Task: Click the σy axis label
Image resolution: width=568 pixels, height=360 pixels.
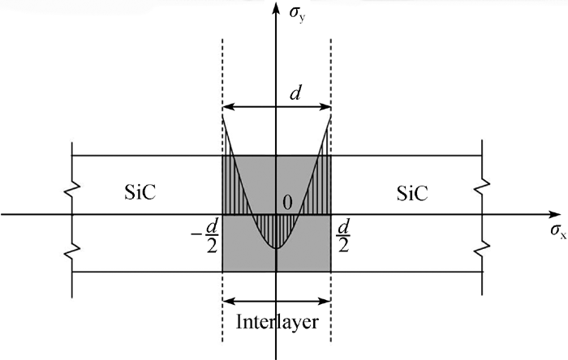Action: (x=297, y=15)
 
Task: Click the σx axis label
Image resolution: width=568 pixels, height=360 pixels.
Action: (x=558, y=231)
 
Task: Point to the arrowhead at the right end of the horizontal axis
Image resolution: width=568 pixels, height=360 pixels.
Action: (x=554, y=215)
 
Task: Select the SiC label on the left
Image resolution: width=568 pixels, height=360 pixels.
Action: (x=140, y=192)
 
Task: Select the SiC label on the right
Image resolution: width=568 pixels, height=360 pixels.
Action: (x=412, y=193)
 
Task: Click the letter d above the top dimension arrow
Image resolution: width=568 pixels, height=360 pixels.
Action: (x=295, y=93)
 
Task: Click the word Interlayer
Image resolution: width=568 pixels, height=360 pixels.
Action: (x=278, y=322)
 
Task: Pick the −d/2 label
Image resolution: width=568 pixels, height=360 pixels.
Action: (x=205, y=237)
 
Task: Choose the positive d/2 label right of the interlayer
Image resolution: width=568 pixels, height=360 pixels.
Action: (x=342, y=237)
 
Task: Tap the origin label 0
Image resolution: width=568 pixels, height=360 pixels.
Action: (x=287, y=203)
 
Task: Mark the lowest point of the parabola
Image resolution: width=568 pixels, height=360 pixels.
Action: (x=277, y=248)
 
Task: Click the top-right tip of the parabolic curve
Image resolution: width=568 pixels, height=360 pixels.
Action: (x=331, y=115)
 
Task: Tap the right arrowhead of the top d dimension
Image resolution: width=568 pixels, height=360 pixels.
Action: (x=325, y=107)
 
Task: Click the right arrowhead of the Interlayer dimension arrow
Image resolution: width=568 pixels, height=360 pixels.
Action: (x=325, y=300)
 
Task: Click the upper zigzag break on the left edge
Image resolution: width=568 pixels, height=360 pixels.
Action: (x=72, y=188)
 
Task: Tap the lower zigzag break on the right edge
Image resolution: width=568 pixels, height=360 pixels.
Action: (x=482, y=247)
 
